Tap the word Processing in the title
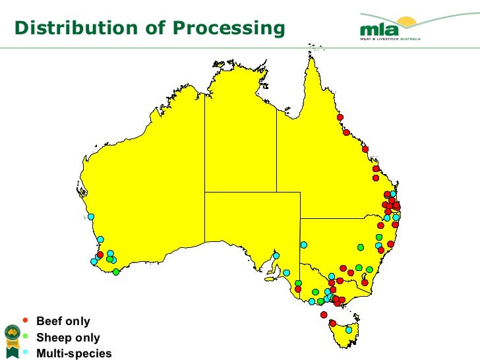coord(228,28)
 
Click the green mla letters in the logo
coord(377,30)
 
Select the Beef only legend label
coord(63,322)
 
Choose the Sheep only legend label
coord(68,338)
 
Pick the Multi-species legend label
coord(74,353)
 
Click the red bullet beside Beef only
coord(26,320)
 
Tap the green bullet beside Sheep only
coord(26,336)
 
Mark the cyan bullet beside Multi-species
coord(26,351)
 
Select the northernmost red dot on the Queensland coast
coord(340,117)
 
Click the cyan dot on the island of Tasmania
coord(349,330)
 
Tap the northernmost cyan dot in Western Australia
coord(90,216)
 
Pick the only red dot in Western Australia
coord(100,255)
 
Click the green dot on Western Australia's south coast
coord(116,272)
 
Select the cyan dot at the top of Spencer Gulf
coord(276,256)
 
